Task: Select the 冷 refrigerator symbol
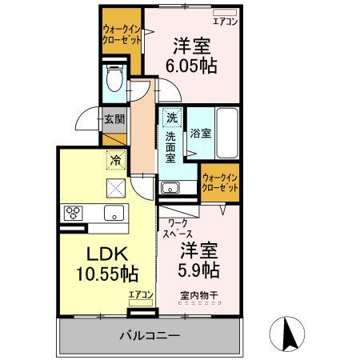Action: (x=115, y=160)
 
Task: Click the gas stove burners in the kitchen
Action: (x=74, y=213)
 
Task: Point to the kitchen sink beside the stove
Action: (x=111, y=213)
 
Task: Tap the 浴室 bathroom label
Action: (x=201, y=134)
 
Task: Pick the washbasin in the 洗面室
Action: (x=170, y=189)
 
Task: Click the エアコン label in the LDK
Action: (x=141, y=295)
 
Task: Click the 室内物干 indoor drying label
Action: (x=200, y=294)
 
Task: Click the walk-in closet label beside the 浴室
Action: (x=220, y=182)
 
